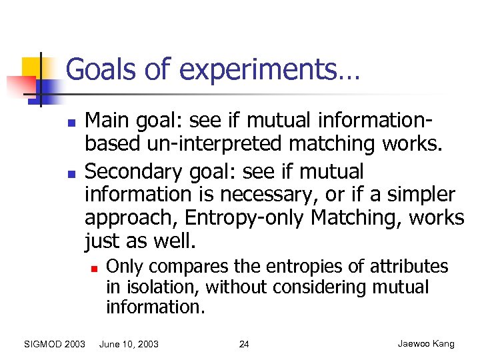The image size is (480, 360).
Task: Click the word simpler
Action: point(418,195)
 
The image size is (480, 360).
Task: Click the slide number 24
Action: point(244,344)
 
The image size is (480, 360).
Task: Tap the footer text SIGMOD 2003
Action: point(54,344)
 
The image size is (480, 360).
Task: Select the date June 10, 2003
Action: point(129,344)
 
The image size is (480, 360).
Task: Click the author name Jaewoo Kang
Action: point(426,344)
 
